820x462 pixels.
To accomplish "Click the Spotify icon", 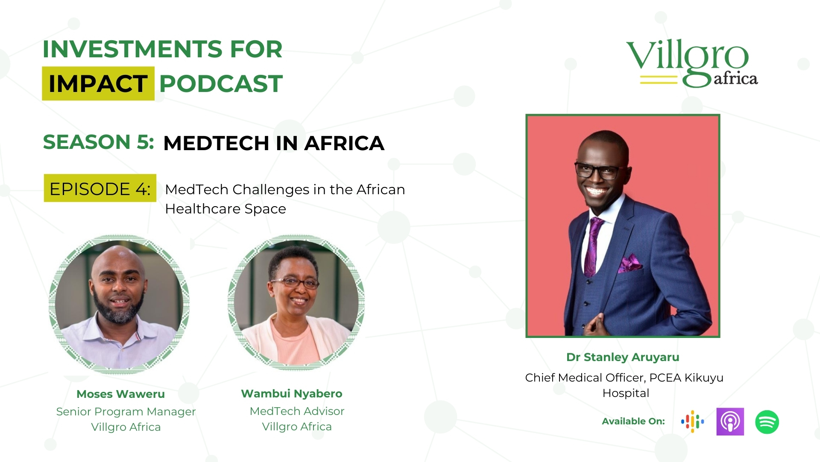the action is (767, 422).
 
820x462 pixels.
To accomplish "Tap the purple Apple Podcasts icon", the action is (730, 421).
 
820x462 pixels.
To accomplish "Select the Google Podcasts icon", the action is (692, 421).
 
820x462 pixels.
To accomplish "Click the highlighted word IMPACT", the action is (98, 83).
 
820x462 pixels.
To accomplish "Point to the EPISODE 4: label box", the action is (100, 188).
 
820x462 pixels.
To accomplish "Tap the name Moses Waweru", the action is (120, 394).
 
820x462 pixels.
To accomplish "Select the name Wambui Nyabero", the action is (292, 394).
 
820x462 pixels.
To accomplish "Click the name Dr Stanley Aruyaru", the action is (623, 357).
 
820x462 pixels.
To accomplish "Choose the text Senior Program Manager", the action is (126, 412).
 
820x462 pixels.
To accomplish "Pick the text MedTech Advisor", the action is (297, 411).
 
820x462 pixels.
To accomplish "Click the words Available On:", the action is (633, 421).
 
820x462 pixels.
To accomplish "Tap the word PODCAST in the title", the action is (221, 83).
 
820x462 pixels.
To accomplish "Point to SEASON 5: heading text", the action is (98, 142).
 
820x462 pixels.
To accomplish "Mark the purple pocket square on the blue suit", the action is (630, 264).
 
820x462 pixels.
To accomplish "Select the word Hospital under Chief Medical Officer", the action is (626, 393).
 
